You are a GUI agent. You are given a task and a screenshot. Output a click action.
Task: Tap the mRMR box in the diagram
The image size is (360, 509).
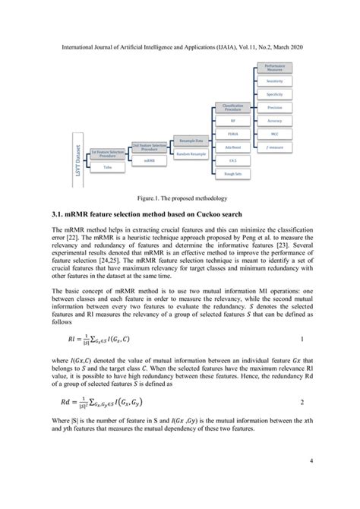[x=150, y=160]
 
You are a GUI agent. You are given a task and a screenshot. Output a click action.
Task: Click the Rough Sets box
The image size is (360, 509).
[x=232, y=175]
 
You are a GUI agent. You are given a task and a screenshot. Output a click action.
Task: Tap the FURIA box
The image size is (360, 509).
[x=232, y=134]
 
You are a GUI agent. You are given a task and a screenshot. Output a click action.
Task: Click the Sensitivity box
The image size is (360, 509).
[x=275, y=80]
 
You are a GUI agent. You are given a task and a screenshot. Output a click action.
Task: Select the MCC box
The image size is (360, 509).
[x=275, y=134]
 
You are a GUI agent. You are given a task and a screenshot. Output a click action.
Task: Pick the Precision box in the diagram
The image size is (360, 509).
[x=275, y=107]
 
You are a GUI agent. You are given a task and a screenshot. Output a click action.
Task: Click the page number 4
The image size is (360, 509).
[x=310, y=481]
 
